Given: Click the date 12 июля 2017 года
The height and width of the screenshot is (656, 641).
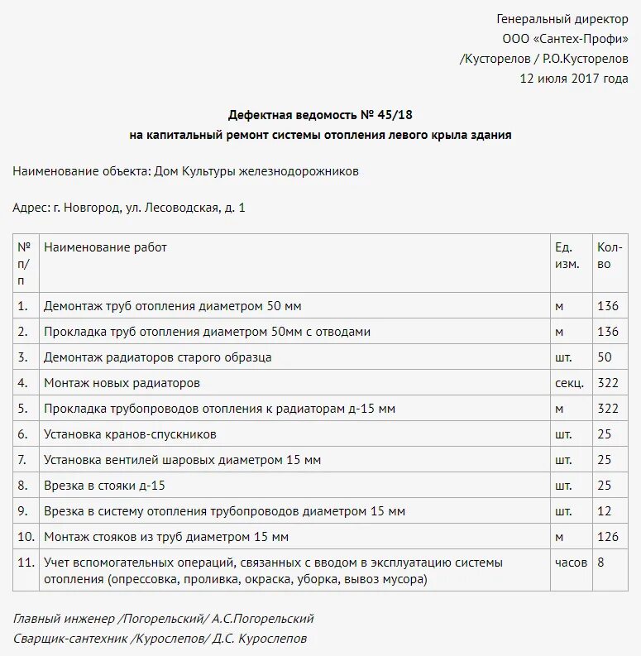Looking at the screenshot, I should click(573, 79).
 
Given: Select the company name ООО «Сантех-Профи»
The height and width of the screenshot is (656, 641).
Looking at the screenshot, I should click(565, 39).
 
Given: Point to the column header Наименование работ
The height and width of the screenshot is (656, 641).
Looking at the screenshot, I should click(105, 247).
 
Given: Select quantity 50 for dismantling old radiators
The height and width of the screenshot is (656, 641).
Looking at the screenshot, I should click(604, 357).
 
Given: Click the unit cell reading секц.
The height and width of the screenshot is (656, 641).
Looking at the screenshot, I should click(569, 383).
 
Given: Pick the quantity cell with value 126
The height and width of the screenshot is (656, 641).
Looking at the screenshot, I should click(607, 537).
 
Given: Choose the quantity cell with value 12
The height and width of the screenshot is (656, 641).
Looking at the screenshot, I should click(604, 511).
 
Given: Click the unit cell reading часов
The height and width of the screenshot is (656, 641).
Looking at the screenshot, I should click(571, 563).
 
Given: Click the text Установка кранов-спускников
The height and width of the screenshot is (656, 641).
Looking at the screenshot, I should click(130, 434).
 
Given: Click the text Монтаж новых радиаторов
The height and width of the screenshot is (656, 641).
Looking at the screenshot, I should click(122, 383).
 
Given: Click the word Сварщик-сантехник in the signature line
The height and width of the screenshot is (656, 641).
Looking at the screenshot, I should click(70, 639).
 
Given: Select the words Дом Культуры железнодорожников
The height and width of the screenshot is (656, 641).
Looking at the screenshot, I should click(256, 171).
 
